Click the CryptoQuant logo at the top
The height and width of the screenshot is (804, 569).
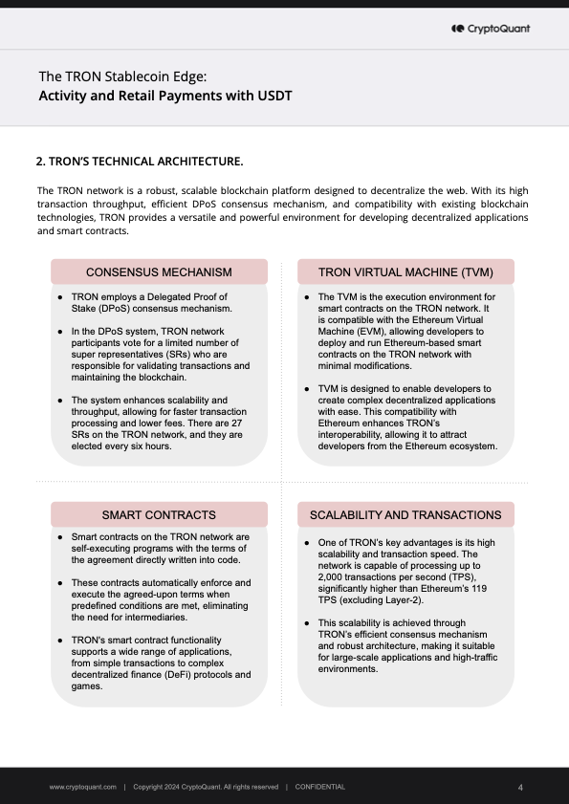(x=490, y=29)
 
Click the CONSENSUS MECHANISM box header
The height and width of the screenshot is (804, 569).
(x=159, y=272)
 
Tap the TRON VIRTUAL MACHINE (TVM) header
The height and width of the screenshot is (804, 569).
(x=406, y=272)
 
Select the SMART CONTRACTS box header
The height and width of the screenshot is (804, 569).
(x=159, y=514)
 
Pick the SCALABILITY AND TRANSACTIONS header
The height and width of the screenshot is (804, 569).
(x=406, y=514)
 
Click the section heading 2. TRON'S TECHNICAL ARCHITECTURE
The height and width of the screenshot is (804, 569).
(x=139, y=161)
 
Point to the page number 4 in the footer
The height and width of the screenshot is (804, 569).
(x=520, y=787)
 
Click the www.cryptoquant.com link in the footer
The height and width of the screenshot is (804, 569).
(x=83, y=787)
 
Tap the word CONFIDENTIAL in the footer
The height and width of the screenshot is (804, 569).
(x=320, y=787)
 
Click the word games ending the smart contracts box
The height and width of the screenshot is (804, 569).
(x=88, y=686)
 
